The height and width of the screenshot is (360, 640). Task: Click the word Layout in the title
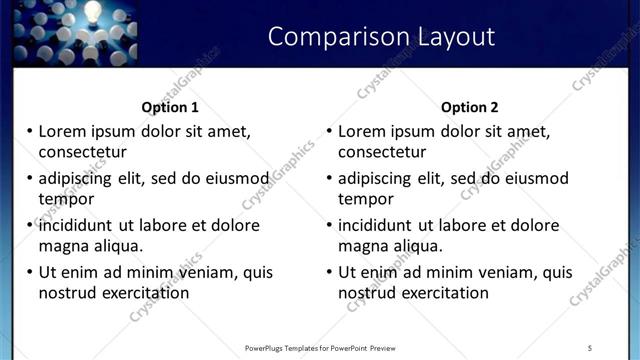454,37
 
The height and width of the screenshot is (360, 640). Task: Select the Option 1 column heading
170,107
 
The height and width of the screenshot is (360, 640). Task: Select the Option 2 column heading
469,107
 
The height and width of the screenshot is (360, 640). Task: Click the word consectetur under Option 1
82,152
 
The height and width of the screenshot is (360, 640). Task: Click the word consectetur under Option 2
382,152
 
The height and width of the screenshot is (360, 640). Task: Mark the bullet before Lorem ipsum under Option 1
30,131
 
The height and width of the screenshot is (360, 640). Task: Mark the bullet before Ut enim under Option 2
330,272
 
